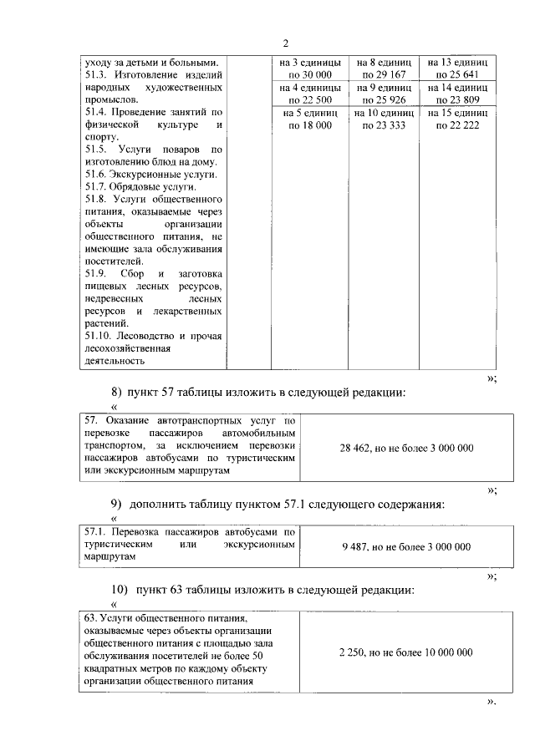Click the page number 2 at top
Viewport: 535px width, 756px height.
click(285, 43)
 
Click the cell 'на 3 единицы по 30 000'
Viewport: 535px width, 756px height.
click(310, 68)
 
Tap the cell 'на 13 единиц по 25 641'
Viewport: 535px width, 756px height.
click(457, 68)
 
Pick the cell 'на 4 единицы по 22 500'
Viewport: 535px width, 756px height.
click(310, 94)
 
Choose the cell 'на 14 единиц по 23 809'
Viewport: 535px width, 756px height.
click(457, 94)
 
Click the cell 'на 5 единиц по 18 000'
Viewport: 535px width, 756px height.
click(310, 119)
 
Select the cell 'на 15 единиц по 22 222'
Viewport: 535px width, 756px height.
click(457, 119)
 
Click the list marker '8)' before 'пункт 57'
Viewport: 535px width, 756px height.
click(117, 392)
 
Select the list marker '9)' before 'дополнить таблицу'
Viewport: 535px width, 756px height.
click(117, 504)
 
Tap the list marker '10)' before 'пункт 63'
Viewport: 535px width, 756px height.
click(119, 591)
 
